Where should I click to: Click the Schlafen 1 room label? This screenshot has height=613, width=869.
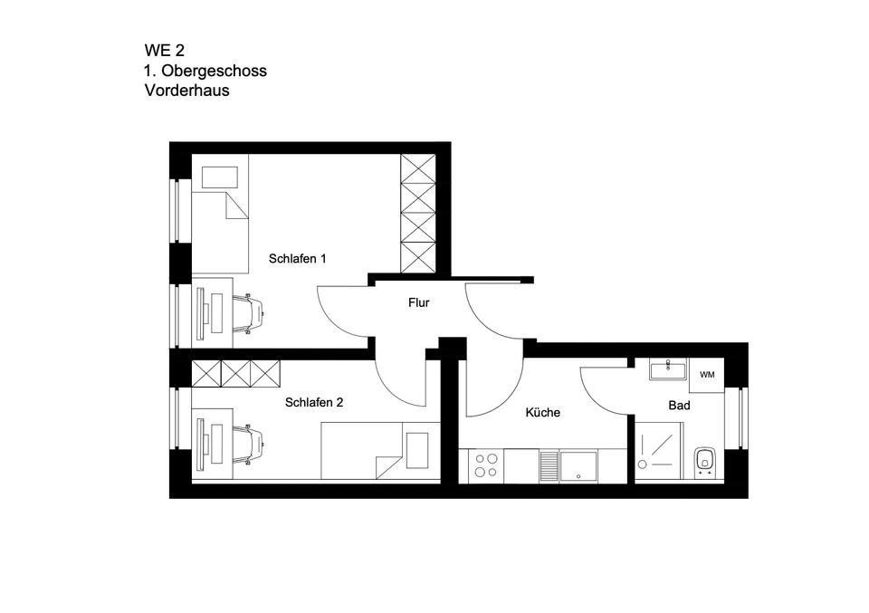point(297,259)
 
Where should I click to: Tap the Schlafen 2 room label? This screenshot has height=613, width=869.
point(313,403)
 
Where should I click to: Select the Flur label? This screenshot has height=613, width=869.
point(418,303)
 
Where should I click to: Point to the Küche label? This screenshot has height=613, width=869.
point(543,413)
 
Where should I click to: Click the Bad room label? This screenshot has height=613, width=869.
point(679,406)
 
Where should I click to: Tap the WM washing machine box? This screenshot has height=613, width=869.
point(707,374)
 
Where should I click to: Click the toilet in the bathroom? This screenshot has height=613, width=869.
point(704,462)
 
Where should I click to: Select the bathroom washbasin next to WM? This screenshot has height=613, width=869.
point(668,369)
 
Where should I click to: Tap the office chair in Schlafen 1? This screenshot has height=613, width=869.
point(251,313)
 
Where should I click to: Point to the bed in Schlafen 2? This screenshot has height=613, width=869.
point(380,451)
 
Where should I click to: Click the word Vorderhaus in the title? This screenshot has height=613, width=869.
point(186,91)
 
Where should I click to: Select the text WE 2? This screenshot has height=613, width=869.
point(164,51)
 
